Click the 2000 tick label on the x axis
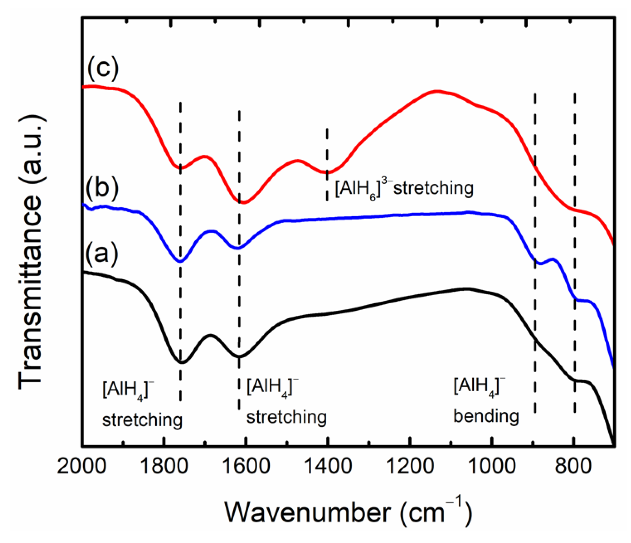pos(82,467)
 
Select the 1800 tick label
pos(163,467)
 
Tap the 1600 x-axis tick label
pos(246,467)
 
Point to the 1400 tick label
pos(328,467)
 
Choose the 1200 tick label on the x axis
pos(410,467)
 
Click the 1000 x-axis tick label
pos(492,467)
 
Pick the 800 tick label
pos(573,467)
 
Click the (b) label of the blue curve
pos(102,188)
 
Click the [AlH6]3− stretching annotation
pos(404,188)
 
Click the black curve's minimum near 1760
pos(181,362)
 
